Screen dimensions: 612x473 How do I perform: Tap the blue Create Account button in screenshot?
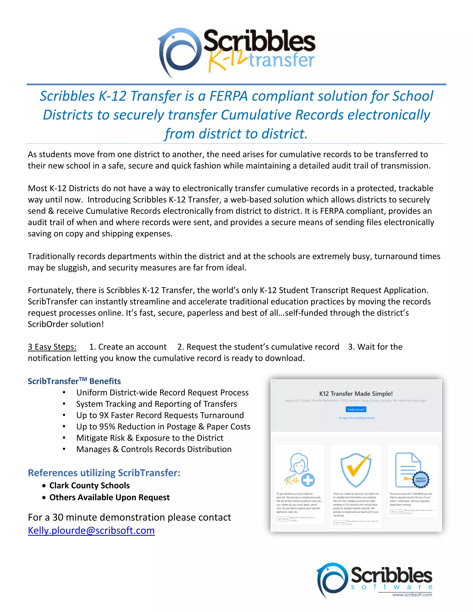point(356,409)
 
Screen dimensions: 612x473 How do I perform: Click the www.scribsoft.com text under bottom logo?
point(412,595)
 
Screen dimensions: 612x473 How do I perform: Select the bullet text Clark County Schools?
point(89,485)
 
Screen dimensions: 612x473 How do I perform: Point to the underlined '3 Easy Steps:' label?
point(52,347)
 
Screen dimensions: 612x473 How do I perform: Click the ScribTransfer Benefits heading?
point(74,381)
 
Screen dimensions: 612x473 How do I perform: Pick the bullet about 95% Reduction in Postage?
point(163,427)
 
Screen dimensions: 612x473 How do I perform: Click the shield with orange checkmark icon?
point(356,471)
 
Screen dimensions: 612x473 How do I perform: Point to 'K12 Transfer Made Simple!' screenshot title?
point(356,394)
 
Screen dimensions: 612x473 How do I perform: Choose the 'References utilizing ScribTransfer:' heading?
point(104,473)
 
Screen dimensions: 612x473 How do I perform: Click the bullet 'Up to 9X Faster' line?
point(160,415)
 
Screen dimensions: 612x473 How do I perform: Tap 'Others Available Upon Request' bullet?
point(109,497)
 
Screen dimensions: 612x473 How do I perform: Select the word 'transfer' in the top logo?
point(282,60)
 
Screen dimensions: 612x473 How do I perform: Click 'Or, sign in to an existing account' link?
point(356,418)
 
